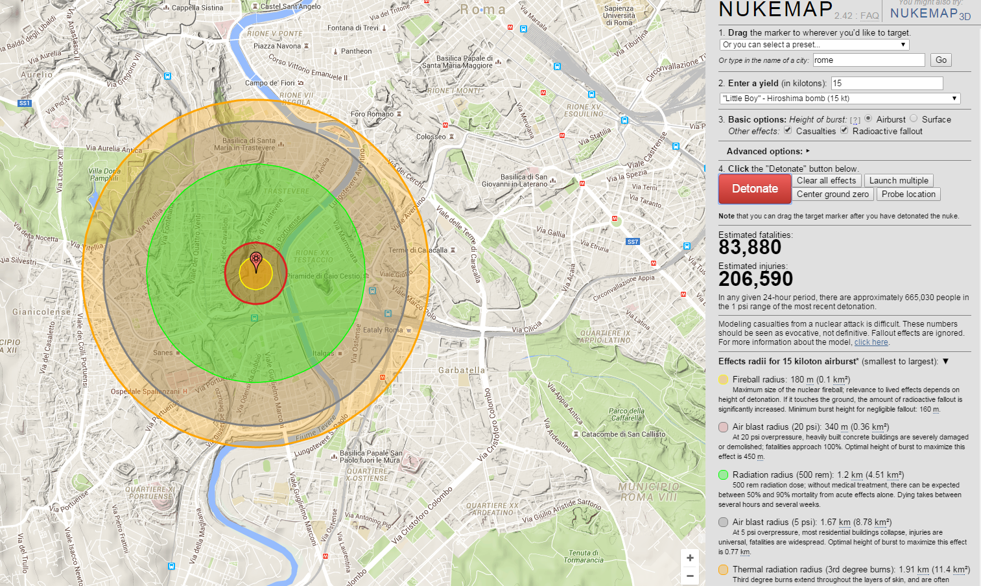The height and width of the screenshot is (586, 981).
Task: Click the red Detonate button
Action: point(755,189)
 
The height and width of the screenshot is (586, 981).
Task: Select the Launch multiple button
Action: point(899,181)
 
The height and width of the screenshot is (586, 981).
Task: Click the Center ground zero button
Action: point(833,194)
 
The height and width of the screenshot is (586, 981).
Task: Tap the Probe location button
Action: point(908,194)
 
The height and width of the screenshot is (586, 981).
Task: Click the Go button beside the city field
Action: point(941,60)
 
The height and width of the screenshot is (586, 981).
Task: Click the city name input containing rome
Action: point(868,60)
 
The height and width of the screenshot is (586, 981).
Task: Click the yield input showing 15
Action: point(886,83)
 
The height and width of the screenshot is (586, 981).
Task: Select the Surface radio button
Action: point(914,119)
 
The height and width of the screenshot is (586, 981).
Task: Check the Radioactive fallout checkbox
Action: point(844,130)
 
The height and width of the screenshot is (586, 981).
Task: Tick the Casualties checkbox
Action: point(788,130)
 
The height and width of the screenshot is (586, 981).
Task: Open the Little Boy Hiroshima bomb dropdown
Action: point(840,99)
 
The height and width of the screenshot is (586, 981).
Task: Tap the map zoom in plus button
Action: point(690,558)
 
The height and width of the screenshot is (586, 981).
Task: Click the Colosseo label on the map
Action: point(431,137)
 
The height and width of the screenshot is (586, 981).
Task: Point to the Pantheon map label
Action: point(356,51)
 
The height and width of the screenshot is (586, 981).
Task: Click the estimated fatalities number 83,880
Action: point(750,248)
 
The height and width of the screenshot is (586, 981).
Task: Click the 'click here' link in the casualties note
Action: point(871,342)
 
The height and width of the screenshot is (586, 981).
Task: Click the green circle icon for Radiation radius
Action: point(723,475)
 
